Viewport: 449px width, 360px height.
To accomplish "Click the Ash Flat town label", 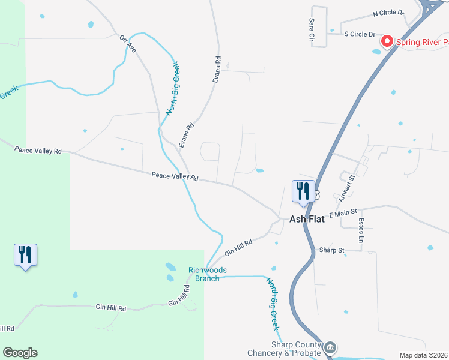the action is [307, 219].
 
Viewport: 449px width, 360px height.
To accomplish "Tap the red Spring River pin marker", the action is [387, 41].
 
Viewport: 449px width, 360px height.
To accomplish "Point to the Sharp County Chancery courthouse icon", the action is [330, 347].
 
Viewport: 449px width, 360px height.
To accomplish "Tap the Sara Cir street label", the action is [312, 29].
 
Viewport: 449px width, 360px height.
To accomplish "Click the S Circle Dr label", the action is [359, 34].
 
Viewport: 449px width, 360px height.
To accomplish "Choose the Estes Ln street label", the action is [361, 231].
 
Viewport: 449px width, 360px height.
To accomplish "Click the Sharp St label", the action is [331, 250].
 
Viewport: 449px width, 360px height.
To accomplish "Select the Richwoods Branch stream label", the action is [208, 274].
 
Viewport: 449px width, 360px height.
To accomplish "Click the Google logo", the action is [20, 353].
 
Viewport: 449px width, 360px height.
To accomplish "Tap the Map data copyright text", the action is [424, 355].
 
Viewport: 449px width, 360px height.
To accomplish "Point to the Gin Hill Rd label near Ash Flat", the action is [238, 246].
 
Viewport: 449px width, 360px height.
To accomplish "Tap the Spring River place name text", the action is [422, 42].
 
